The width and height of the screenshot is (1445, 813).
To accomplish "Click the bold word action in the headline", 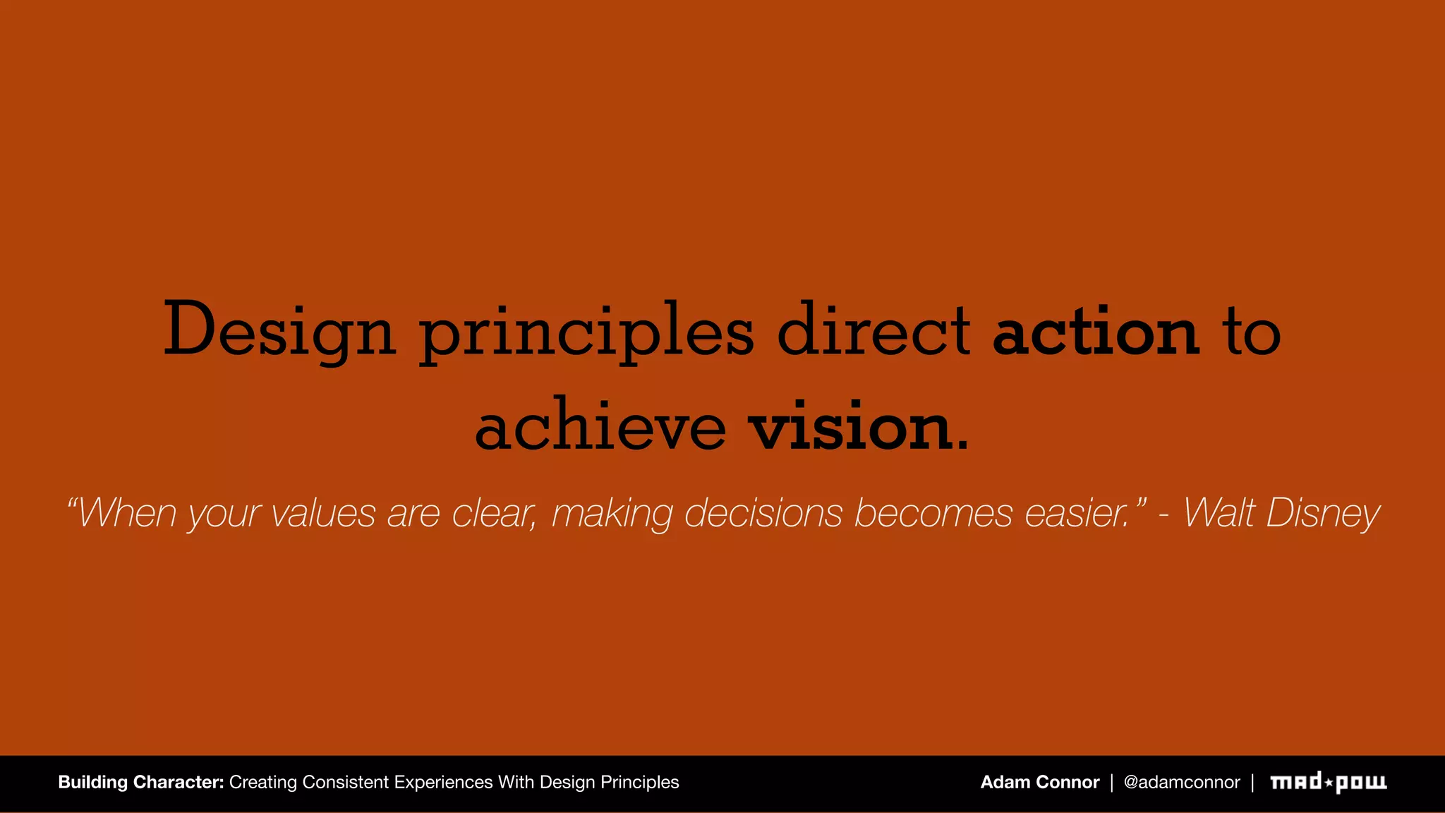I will tap(1096, 331).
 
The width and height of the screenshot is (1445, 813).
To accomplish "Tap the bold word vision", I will tap(850, 426).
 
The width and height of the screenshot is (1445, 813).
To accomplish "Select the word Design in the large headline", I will tap(279, 331).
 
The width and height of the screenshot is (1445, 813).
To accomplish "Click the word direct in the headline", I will tap(873, 331).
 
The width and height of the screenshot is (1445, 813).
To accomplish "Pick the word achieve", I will tap(600, 426).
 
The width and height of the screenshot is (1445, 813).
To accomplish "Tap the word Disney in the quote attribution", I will tap(1322, 513).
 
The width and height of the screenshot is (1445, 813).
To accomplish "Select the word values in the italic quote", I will tap(324, 513).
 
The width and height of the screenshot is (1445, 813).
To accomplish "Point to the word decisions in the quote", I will tap(763, 513).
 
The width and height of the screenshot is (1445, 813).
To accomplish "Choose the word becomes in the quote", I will tap(933, 513).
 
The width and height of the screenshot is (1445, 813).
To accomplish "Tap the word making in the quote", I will tap(612, 513).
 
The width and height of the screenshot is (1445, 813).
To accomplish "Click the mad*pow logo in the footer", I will tap(1328, 782).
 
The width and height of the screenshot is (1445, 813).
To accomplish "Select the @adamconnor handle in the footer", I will tap(1181, 782).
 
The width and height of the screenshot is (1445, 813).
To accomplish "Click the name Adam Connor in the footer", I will tap(1039, 782).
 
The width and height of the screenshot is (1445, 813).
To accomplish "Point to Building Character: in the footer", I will tap(141, 782).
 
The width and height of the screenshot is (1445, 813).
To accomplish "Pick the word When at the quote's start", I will tap(127, 513).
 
